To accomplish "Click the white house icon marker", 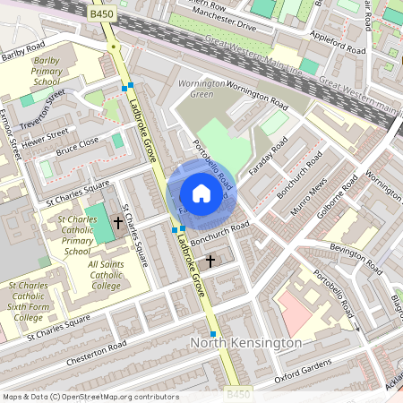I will tap(201, 193).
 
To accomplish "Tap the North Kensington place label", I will tap(244, 343).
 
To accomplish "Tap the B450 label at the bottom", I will tap(237, 394).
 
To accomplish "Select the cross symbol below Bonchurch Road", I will tap(210, 261).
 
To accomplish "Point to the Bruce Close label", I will tap(76, 146).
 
